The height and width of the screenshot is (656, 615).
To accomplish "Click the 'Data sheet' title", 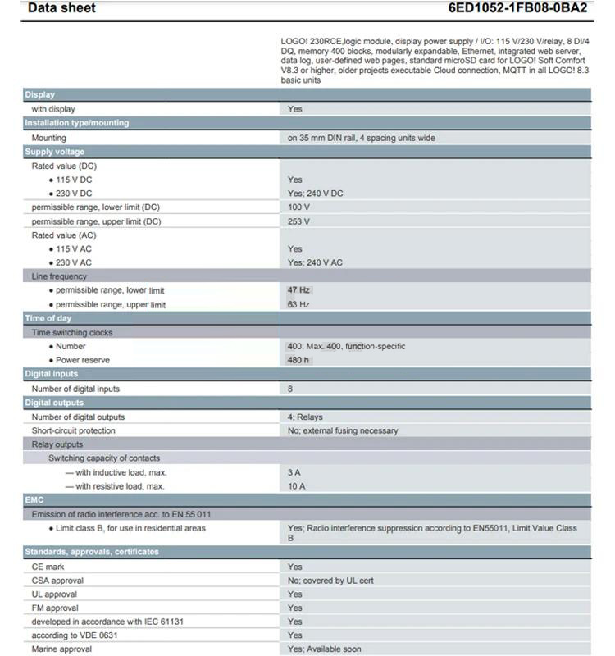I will click(x=61, y=8).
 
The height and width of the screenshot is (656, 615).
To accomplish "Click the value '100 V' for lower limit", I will click(x=298, y=207).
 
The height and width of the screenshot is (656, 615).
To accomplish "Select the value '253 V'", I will click(x=298, y=221).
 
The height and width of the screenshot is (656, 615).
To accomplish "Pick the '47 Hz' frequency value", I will click(x=298, y=290).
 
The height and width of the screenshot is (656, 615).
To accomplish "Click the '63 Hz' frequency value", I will click(x=298, y=304).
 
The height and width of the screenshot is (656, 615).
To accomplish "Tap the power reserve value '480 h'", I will click(x=298, y=360).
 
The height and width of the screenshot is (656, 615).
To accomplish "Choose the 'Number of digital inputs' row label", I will click(x=75, y=389).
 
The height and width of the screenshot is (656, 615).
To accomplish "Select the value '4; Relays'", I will click(x=304, y=417).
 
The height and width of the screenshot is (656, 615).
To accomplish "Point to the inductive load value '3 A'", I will click(x=294, y=472).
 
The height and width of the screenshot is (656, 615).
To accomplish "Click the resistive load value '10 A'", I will click(x=296, y=486).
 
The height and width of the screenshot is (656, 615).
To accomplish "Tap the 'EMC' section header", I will click(x=34, y=499).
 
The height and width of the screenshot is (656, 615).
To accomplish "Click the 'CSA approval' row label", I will click(x=57, y=581).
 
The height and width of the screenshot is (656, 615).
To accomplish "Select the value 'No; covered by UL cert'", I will click(x=330, y=581).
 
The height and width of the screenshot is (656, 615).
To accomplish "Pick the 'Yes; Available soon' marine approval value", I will click(x=324, y=649).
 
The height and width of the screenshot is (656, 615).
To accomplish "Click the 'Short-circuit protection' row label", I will click(x=74, y=430).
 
